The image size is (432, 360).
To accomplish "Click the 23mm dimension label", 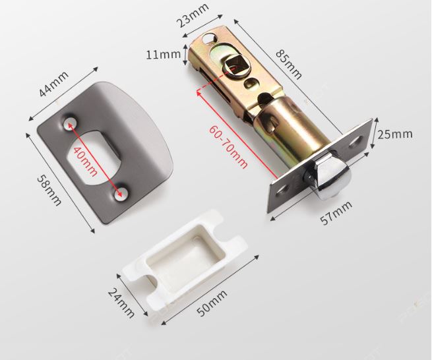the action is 195,15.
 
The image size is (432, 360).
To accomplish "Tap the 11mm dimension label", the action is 163,55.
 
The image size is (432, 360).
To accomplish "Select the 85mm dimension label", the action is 289,64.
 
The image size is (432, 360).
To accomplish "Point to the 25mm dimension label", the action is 395,135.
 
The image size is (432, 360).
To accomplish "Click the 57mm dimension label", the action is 336,213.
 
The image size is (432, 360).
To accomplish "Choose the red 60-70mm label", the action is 228,147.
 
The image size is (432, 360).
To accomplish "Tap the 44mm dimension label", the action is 53,84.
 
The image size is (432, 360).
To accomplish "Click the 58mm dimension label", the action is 49,190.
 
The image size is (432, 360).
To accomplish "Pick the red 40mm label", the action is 85,162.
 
